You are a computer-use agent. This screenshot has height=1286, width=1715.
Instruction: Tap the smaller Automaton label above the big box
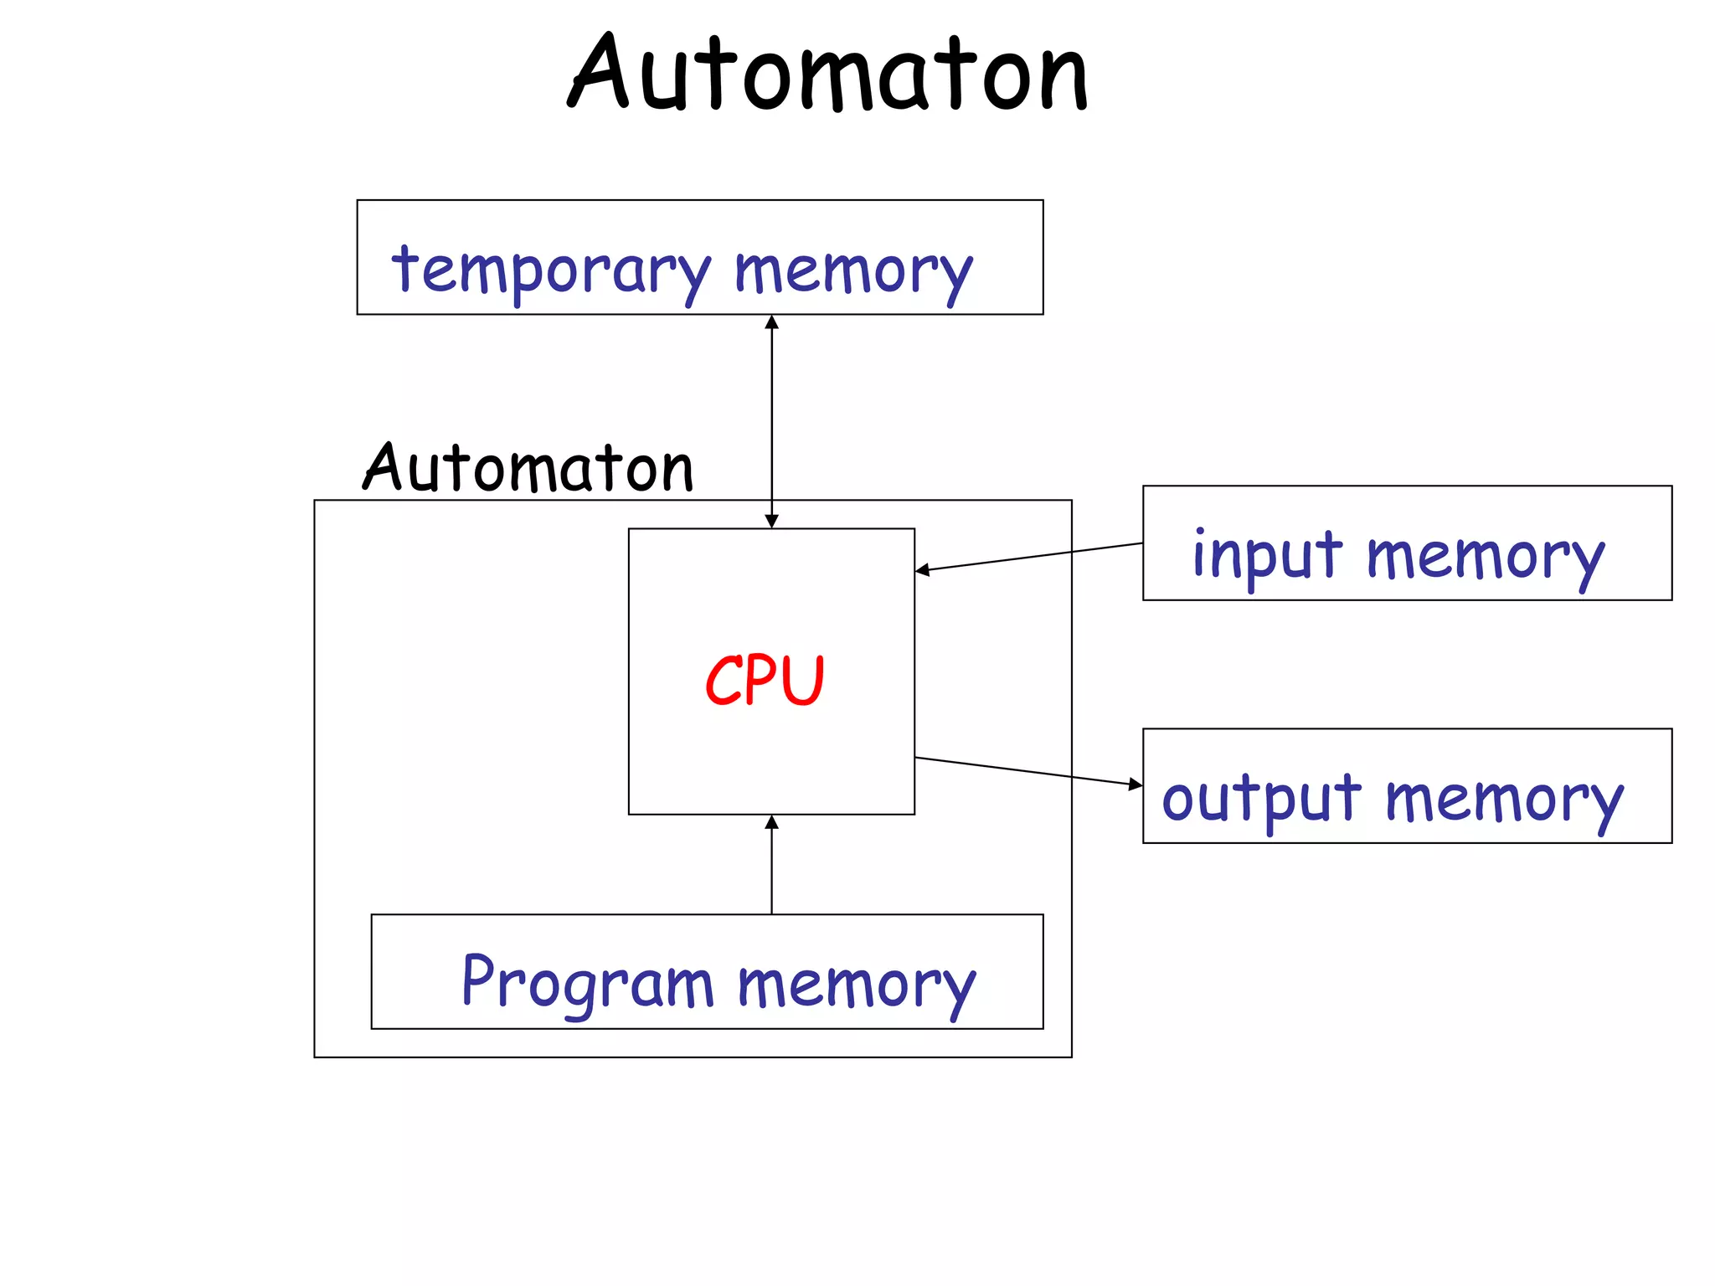coord(528,468)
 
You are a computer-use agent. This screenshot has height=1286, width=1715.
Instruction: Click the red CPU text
coord(765,680)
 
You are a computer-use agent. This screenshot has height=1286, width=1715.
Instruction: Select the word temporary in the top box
coord(551,270)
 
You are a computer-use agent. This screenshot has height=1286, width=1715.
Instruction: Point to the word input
coord(1266,555)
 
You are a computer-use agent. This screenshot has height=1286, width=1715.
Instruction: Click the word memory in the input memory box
coord(1485,557)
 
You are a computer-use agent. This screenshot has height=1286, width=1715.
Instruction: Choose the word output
coord(1260,798)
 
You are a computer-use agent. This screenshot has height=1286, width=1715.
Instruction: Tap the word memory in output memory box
coord(1503,800)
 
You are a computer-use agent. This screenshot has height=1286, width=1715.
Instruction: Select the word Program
coord(587,982)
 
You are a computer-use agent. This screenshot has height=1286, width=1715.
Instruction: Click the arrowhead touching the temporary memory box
coord(772,322)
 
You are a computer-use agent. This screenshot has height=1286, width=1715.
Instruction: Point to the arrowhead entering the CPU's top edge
coord(772,521)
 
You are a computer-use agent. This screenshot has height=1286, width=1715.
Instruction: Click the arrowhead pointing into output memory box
coord(1136,784)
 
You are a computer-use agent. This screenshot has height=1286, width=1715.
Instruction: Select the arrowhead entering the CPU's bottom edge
coord(772,822)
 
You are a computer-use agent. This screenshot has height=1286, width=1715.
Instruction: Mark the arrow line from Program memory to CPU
coord(772,871)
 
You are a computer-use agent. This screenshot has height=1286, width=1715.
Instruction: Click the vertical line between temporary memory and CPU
coord(772,419)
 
